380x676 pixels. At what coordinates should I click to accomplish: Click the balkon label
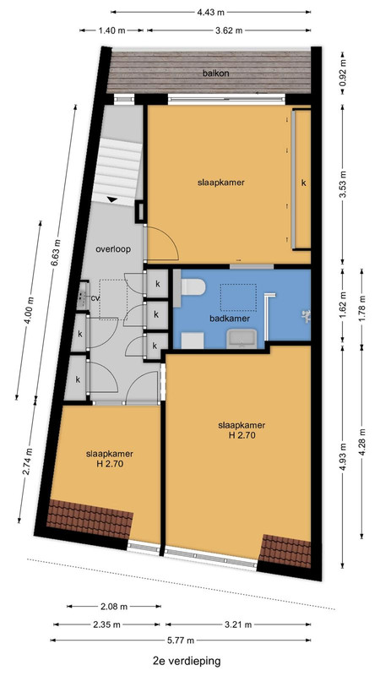click(x=216, y=74)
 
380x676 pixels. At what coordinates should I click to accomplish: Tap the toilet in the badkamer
click(x=193, y=287)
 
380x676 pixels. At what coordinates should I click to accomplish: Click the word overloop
click(x=113, y=248)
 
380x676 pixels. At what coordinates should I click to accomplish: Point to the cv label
click(x=95, y=298)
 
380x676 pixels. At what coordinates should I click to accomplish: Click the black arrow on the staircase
click(x=112, y=199)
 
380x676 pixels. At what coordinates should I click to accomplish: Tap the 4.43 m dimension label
click(x=210, y=12)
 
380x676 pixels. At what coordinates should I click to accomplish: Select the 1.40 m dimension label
click(x=112, y=30)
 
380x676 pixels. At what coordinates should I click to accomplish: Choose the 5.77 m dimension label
click(x=181, y=641)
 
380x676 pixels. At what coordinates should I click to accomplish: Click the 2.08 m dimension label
click(x=114, y=607)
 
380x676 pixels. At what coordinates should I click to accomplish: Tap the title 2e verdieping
click(x=187, y=661)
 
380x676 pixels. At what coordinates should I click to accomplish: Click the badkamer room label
click(x=230, y=319)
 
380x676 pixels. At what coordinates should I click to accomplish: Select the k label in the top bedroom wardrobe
click(x=303, y=183)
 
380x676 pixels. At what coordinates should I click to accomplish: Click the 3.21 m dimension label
click(x=238, y=624)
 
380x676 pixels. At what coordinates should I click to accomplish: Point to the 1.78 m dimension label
click(x=362, y=304)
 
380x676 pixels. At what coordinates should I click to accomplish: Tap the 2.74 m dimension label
click(x=28, y=461)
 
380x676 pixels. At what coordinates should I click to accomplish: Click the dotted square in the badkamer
click(x=239, y=297)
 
